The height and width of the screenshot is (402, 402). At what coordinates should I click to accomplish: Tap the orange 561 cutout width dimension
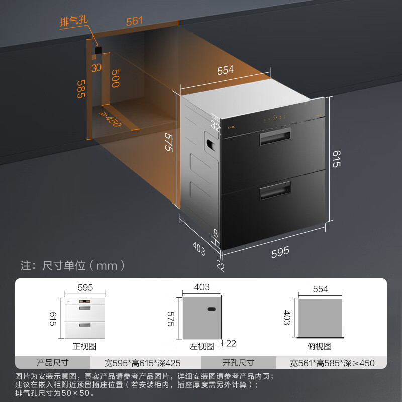(135, 21)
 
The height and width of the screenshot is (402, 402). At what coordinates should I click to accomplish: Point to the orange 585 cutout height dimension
(80, 89)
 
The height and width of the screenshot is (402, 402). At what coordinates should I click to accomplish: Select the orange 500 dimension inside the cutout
(115, 78)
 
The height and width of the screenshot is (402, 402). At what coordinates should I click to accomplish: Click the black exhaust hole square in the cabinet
(98, 50)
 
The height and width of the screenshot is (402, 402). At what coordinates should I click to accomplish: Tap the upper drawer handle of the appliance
(275, 137)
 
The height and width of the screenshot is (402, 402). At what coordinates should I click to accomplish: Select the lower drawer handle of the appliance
(275, 191)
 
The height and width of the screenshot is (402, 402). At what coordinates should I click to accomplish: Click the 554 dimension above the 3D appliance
(226, 71)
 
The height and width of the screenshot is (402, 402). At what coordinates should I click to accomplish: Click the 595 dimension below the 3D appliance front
(280, 252)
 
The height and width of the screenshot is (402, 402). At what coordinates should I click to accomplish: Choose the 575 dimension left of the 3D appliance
(169, 142)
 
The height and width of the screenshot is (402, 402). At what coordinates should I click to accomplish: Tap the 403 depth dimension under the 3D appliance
(199, 248)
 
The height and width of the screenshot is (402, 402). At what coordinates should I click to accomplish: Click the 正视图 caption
(85, 346)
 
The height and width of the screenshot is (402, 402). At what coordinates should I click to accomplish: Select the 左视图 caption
(203, 346)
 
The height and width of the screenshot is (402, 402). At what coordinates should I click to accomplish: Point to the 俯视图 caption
(321, 346)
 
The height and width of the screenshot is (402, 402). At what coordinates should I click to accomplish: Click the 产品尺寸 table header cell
(53, 362)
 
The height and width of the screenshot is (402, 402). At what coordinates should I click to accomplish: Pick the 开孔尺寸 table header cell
(238, 362)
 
